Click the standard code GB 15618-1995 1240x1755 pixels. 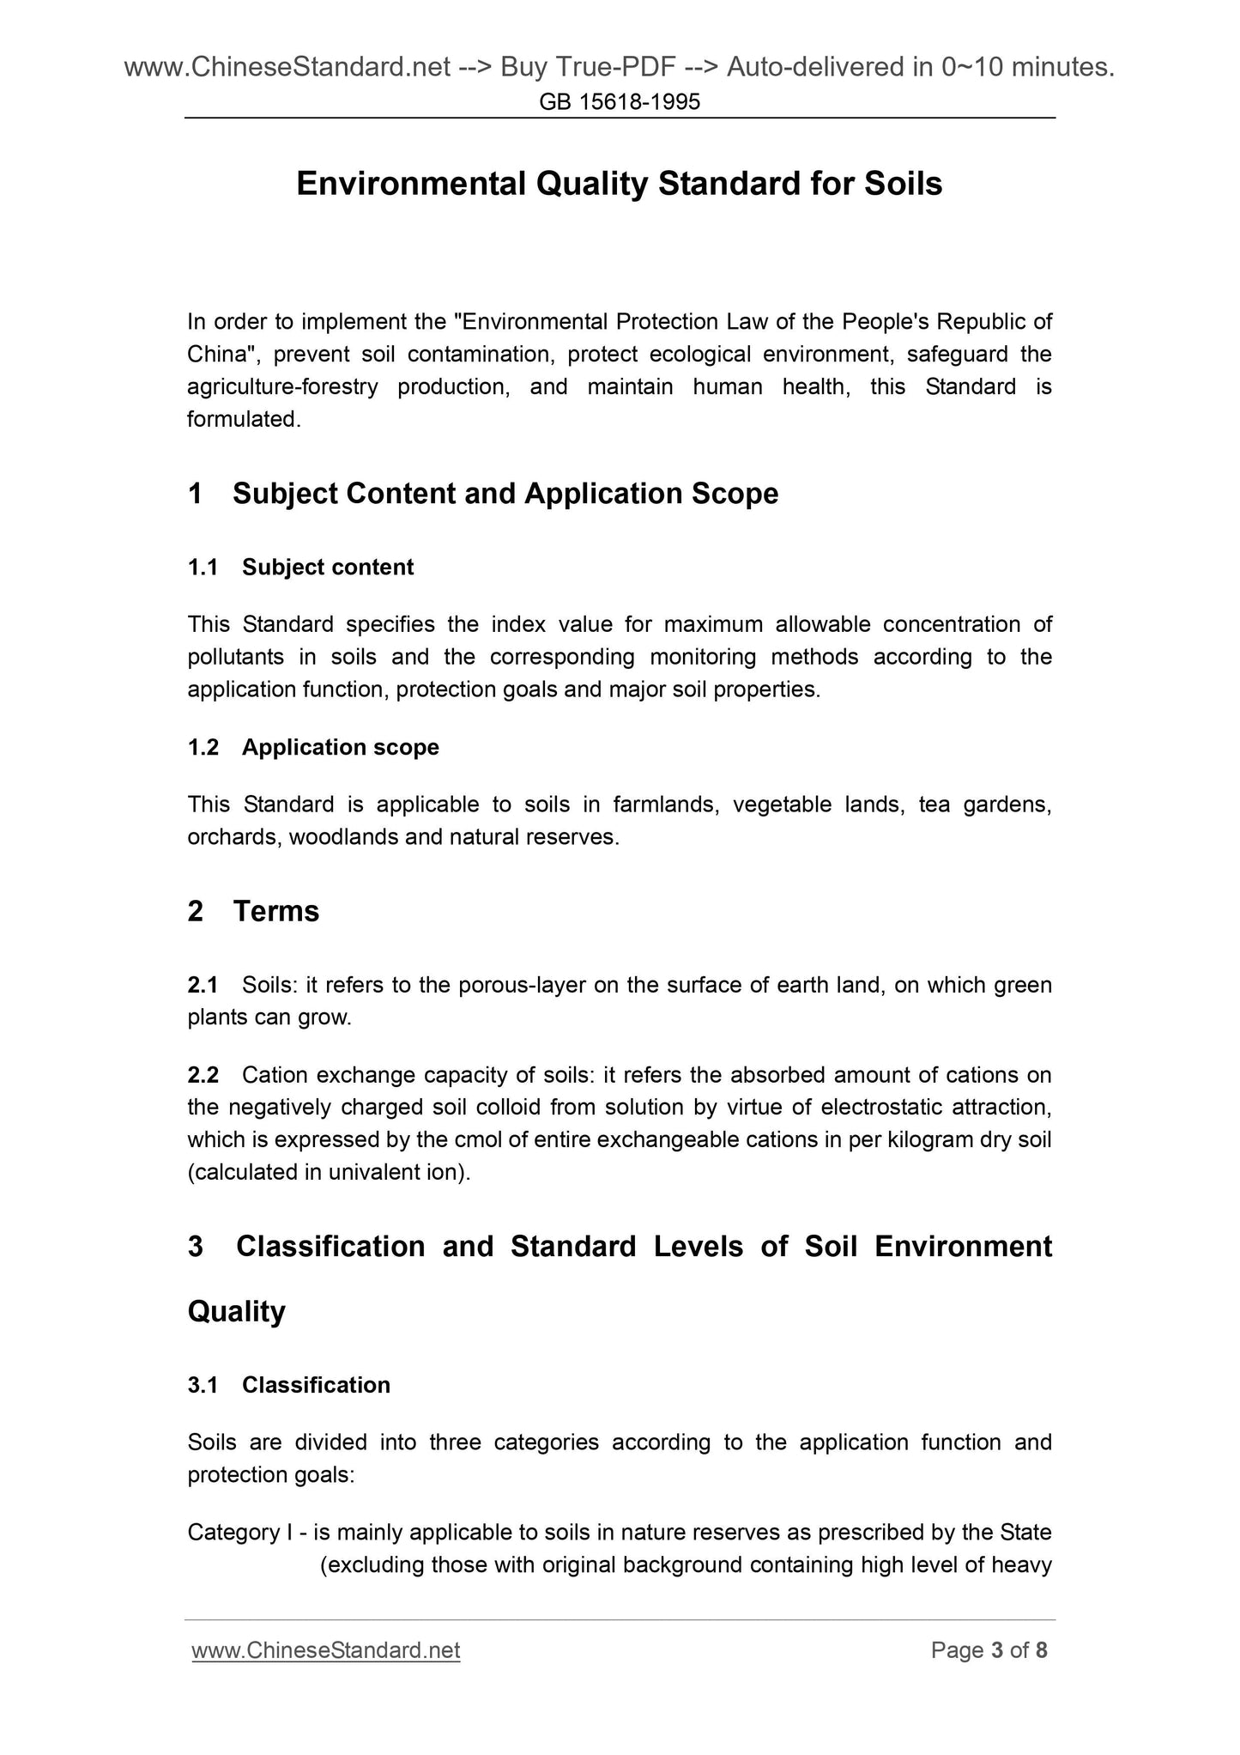[x=620, y=103]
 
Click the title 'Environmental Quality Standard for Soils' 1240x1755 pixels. [x=619, y=184]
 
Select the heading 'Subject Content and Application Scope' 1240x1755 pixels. [x=505, y=494]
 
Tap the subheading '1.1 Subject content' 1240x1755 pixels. [x=300, y=568]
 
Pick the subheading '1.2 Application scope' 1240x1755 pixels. [x=313, y=748]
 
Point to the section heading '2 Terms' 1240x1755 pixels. [x=253, y=911]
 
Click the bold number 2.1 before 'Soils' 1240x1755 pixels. [x=203, y=985]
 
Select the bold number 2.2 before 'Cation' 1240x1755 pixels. [x=203, y=1075]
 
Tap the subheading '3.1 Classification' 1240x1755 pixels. [x=288, y=1385]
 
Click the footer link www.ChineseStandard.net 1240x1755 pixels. [x=326, y=1650]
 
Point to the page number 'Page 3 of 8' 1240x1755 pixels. [x=989, y=1650]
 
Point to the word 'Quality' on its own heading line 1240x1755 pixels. [x=236, y=1312]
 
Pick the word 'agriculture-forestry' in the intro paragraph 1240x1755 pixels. [x=282, y=387]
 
